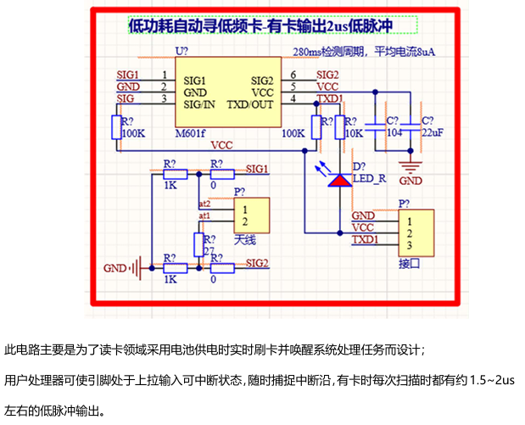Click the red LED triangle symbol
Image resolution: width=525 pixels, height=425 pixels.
(341, 180)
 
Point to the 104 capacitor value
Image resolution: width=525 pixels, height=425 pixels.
(394, 133)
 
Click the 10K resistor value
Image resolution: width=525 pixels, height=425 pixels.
(354, 133)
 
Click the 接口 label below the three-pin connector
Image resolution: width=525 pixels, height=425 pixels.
(410, 264)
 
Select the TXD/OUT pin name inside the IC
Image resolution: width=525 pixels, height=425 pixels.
(250, 104)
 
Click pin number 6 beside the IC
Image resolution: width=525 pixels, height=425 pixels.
(293, 75)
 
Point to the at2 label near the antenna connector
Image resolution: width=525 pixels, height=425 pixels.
(204, 204)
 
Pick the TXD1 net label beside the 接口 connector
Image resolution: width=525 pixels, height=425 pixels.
(365, 241)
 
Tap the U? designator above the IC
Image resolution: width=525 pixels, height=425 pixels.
(182, 52)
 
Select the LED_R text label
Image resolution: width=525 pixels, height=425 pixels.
(369, 178)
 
